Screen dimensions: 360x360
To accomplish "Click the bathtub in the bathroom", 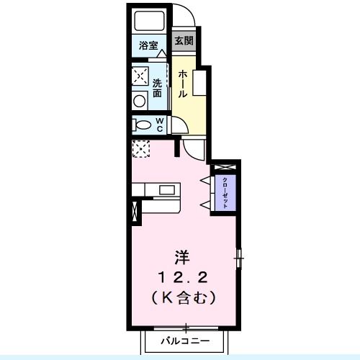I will point(150,21).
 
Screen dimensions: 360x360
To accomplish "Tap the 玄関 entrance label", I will point(183,41).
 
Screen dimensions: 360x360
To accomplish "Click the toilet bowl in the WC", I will point(140,125).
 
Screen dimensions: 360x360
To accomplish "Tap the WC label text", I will point(161,124).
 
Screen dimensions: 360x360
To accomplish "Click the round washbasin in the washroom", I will point(140,101).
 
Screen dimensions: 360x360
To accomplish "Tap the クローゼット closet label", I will point(225,192).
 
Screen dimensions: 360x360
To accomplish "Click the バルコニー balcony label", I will point(184,339).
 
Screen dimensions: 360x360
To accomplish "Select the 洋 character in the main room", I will point(183,256).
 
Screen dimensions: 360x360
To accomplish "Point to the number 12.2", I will point(183,276).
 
